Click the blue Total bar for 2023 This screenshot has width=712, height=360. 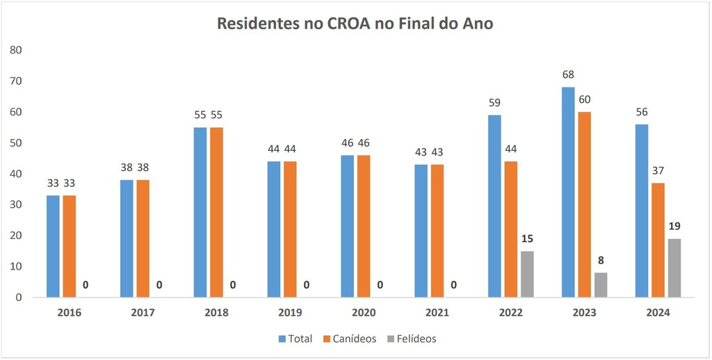coord(568,193)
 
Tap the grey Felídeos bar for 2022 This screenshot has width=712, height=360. coord(526,274)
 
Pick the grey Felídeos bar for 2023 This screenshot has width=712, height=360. coord(600,285)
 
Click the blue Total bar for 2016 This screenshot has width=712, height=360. coord(53,246)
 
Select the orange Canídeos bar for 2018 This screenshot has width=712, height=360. coord(216,212)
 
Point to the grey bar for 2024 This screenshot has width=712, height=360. coord(674,268)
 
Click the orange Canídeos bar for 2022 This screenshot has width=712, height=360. coord(510,229)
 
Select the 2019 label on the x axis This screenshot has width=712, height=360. coord(290,313)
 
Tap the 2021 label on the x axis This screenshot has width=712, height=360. coord(437,313)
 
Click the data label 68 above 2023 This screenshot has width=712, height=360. coord(568,74)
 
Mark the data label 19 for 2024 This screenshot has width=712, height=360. coord(674,226)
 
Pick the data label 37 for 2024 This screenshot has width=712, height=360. coord(658,170)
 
